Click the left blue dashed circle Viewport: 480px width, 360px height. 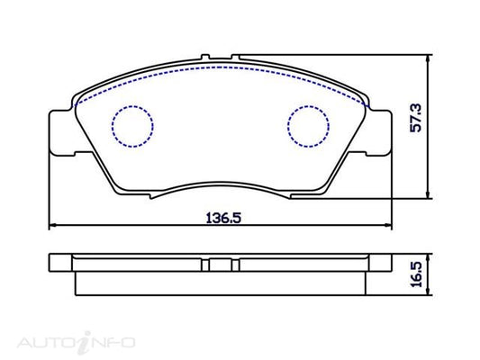(x=132, y=126)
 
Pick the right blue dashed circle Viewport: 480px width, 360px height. (x=309, y=126)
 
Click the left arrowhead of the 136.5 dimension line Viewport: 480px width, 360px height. (x=51, y=225)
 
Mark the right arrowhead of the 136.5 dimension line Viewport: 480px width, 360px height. (x=389, y=225)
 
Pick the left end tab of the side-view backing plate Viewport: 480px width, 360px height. (x=59, y=262)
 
